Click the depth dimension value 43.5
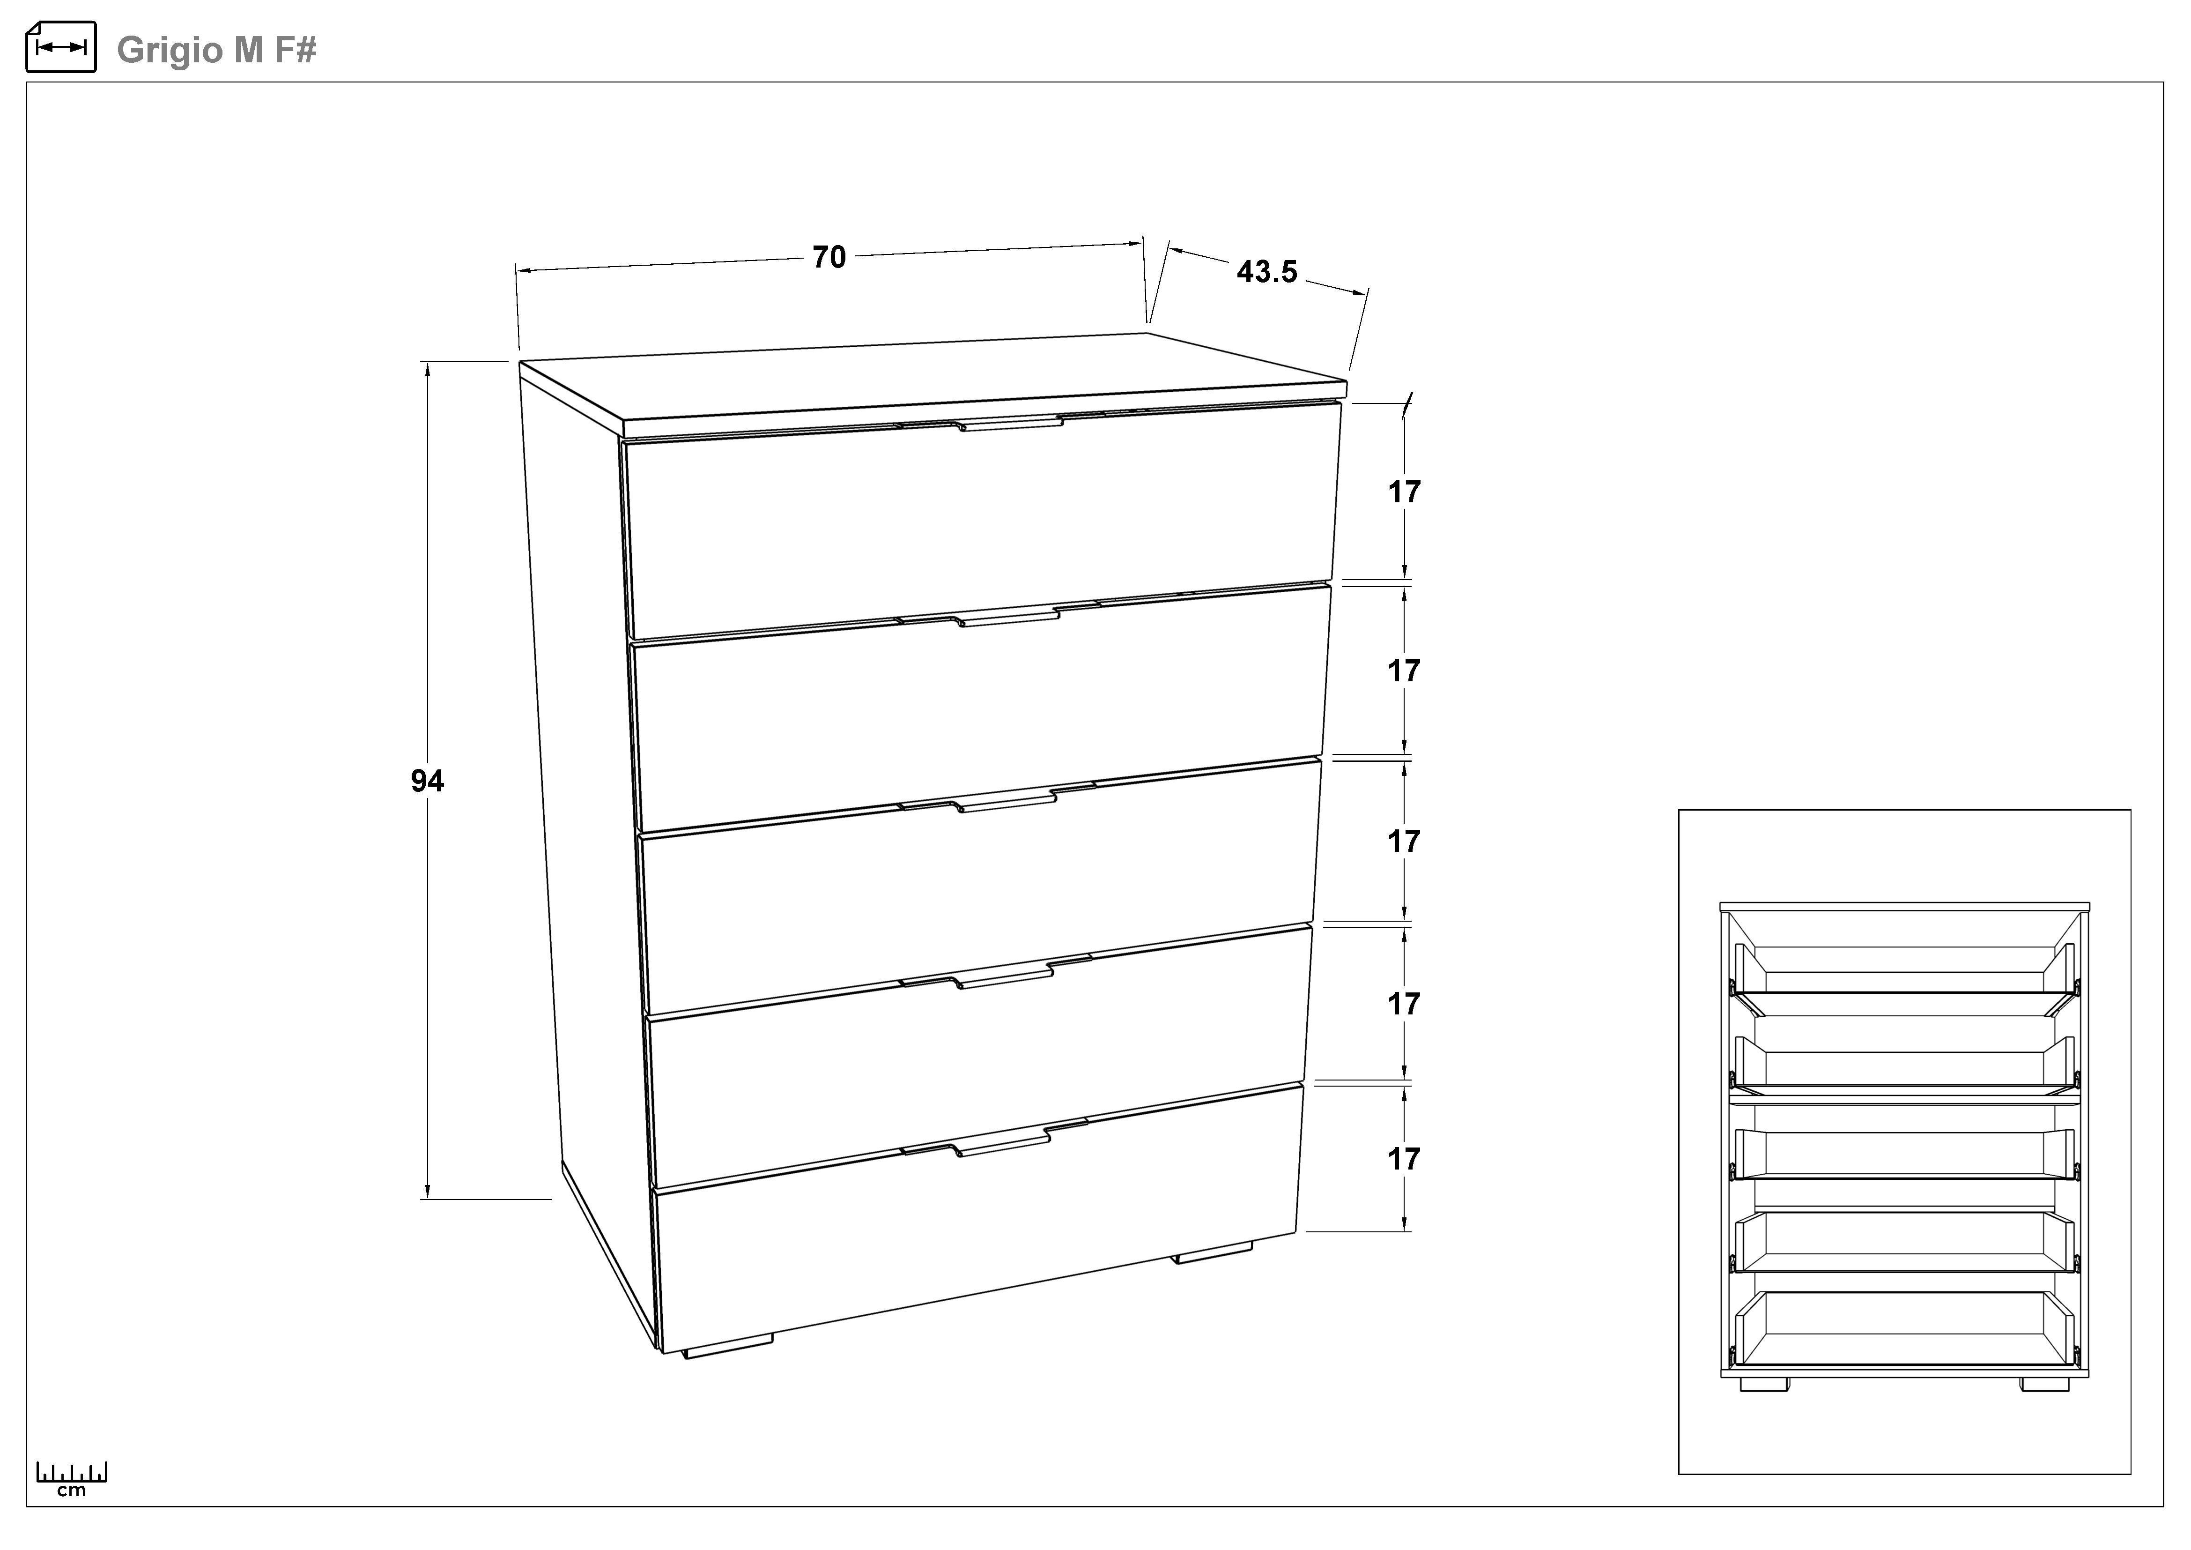tap(1267, 273)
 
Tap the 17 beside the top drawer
tap(1404, 492)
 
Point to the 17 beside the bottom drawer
tap(1404, 1159)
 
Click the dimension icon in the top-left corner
tap(61, 47)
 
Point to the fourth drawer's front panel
tap(978, 1055)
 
